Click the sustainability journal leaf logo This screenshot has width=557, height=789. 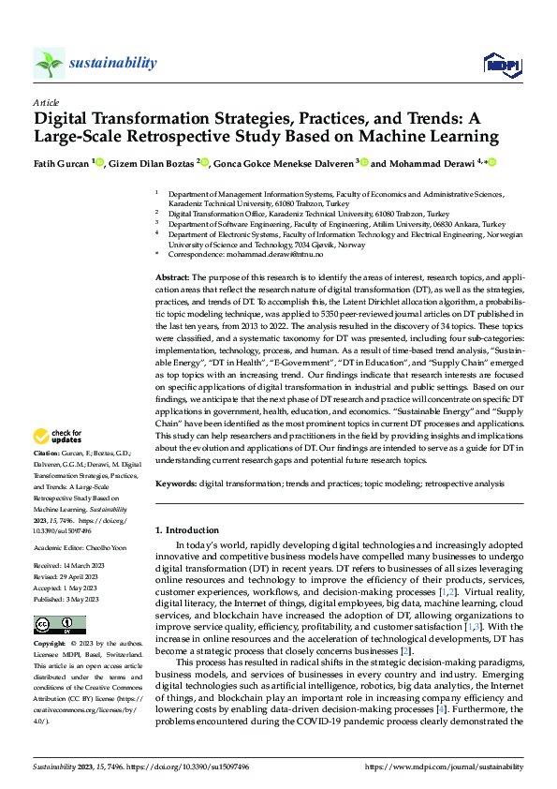point(50,64)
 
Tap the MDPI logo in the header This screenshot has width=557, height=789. point(501,64)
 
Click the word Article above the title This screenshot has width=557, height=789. point(46,102)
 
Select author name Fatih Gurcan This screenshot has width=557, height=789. point(66,162)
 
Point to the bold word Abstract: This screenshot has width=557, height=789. point(171,278)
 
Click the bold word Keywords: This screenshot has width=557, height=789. point(175,483)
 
